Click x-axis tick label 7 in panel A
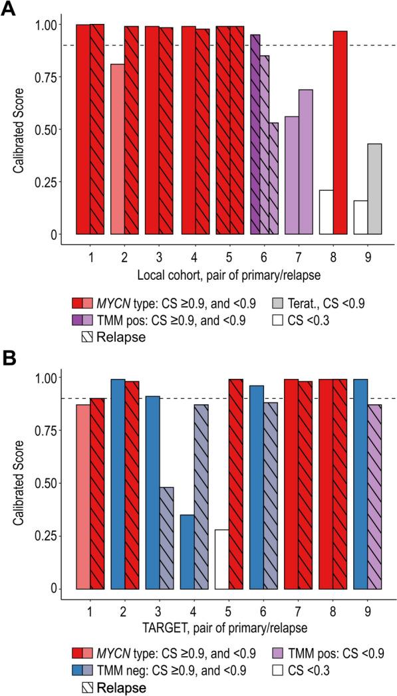point(298,253)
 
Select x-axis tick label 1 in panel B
point(90,608)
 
